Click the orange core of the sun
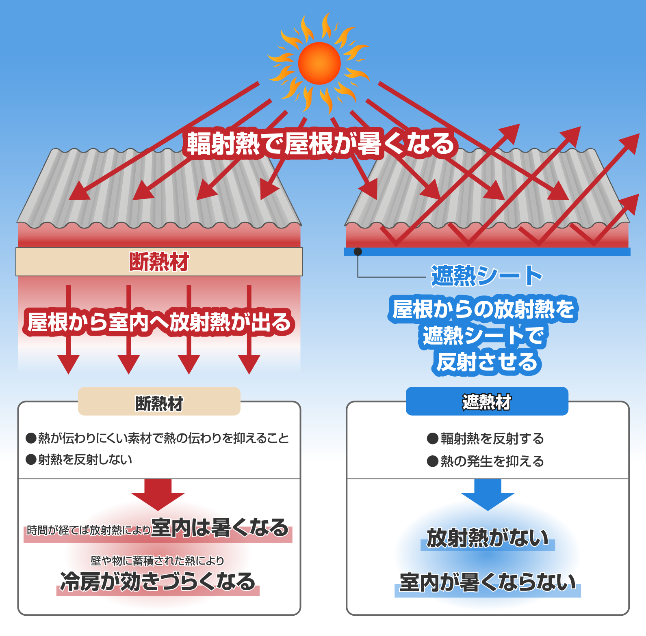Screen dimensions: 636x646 pyautogui.click(x=319, y=63)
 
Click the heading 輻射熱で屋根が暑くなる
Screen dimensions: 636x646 pyautogui.click(x=320, y=144)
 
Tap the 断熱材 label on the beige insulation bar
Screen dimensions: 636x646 pyautogui.click(x=159, y=262)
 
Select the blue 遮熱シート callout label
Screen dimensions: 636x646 pyautogui.click(x=487, y=276)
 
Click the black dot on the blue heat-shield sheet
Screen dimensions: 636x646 pyautogui.click(x=358, y=252)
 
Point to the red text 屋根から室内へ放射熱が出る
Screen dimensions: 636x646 pyautogui.click(x=159, y=322)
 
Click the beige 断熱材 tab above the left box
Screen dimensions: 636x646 pyautogui.click(x=159, y=402)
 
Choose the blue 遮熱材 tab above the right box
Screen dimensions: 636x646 pyautogui.click(x=487, y=402)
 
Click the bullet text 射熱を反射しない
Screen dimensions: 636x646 pyautogui.click(x=85, y=460)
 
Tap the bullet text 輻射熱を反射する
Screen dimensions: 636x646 pyautogui.click(x=492, y=439)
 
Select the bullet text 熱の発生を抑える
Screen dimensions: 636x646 pyautogui.click(x=492, y=461)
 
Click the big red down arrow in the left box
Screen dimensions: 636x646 pyautogui.click(x=158, y=494)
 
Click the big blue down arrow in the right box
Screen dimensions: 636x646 pyautogui.click(x=488, y=494)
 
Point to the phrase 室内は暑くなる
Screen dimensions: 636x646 pyautogui.click(x=220, y=528)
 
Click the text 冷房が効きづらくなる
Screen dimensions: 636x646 pyautogui.click(x=158, y=582)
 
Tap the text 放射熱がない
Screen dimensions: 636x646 pyautogui.click(x=488, y=538)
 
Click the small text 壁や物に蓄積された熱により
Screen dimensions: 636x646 pyautogui.click(x=158, y=561)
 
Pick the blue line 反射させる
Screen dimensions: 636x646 pyautogui.click(x=487, y=362)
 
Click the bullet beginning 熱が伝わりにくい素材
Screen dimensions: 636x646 pyautogui.click(x=163, y=438)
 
